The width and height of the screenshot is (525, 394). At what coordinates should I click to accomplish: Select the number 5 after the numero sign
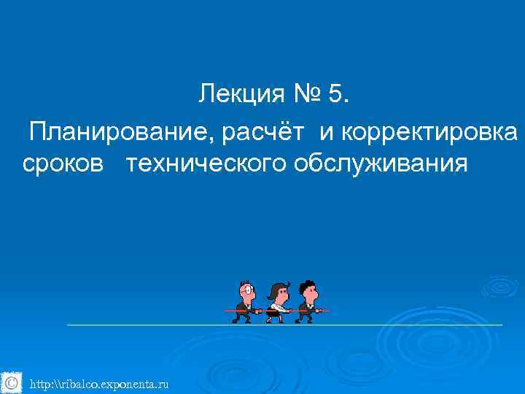click(339, 94)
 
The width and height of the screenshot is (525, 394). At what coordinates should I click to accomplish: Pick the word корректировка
click(430, 134)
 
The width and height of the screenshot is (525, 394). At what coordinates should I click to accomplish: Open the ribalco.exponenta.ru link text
click(99, 383)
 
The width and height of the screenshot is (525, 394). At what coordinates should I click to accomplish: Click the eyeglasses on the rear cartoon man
click(250, 290)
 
